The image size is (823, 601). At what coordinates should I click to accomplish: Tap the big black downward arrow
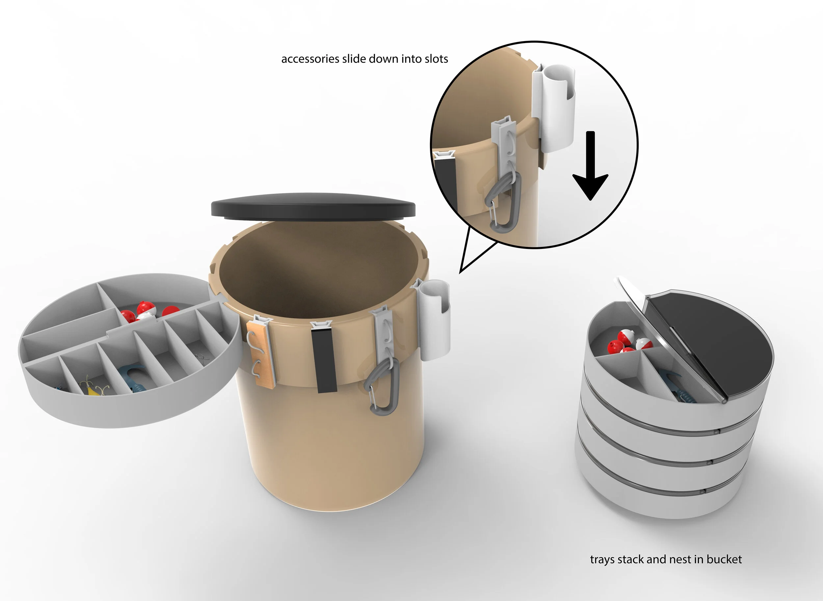pyautogui.click(x=591, y=167)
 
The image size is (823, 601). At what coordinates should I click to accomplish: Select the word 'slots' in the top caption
pyautogui.click(x=436, y=59)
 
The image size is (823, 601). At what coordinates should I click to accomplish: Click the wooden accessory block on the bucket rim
pyautogui.click(x=260, y=353)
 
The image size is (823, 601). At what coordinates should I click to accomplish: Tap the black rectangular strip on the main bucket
pyautogui.click(x=324, y=360)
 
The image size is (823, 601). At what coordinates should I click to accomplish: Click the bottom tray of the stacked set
pyautogui.click(x=656, y=502)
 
